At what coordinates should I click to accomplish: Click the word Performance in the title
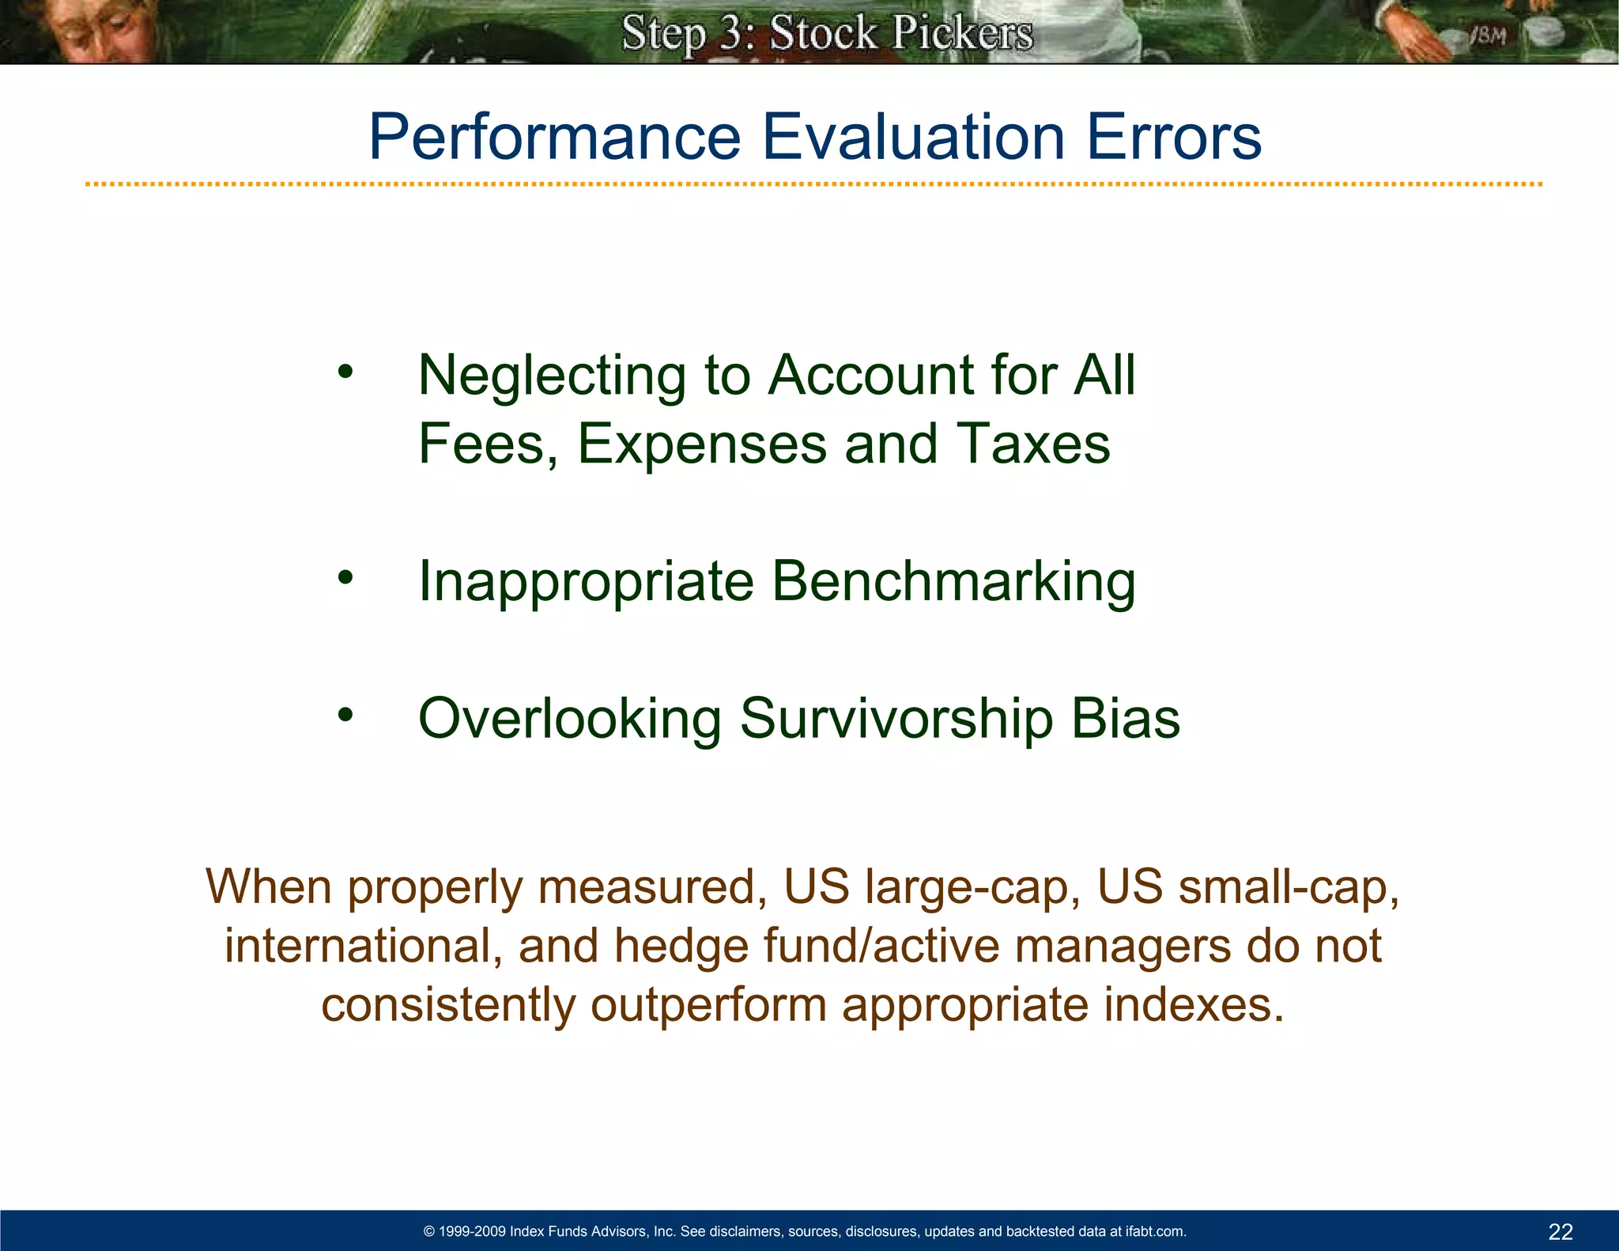(x=554, y=138)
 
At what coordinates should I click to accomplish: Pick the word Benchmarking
(x=953, y=581)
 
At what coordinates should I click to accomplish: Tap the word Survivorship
(x=896, y=719)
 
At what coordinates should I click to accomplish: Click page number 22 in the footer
(x=1561, y=1231)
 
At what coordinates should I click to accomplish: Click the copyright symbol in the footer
(x=429, y=1231)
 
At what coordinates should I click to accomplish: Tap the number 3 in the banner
(x=732, y=34)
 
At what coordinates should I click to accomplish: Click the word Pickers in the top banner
(x=962, y=34)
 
